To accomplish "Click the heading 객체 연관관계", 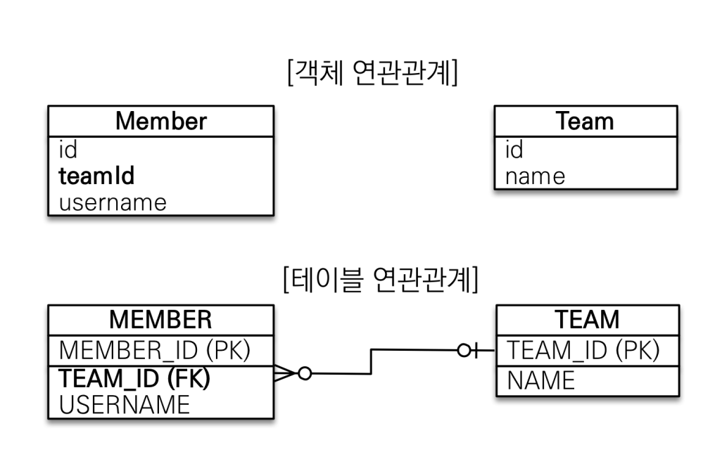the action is point(372,72).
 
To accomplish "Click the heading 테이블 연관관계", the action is point(381,279).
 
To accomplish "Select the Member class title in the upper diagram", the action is point(161,121).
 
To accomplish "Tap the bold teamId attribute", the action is point(96,176).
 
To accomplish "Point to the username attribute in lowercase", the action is point(113,202).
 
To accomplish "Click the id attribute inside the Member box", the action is point(68,150).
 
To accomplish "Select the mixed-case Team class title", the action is point(585,121).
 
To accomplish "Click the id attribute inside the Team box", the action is point(514,150).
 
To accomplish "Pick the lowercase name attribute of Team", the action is point(536,176).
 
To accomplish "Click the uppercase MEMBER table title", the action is point(160,319).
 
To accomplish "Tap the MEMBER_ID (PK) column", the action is point(155,350).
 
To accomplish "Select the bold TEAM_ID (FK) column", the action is point(134,379).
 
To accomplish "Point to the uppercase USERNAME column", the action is point(125,405).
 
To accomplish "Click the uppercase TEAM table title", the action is point(588,319).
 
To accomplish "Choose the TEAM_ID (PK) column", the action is point(583,350).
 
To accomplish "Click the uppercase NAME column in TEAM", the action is point(540,380).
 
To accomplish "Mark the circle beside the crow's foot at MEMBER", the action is point(305,373).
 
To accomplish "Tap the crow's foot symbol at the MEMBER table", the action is point(285,373).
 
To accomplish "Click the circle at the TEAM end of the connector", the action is point(464,350).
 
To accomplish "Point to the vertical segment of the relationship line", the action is point(371,362).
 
